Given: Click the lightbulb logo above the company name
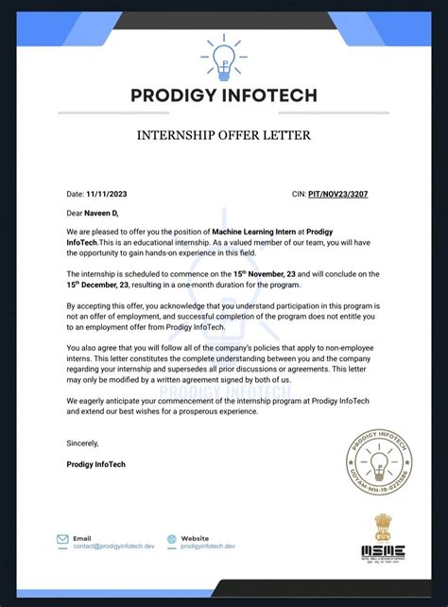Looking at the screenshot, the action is click(x=225, y=56).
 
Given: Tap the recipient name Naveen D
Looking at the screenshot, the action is click(x=102, y=213).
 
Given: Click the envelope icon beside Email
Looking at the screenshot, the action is click(x=62, y=539).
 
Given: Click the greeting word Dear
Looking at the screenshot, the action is click(x=76, y=213).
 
